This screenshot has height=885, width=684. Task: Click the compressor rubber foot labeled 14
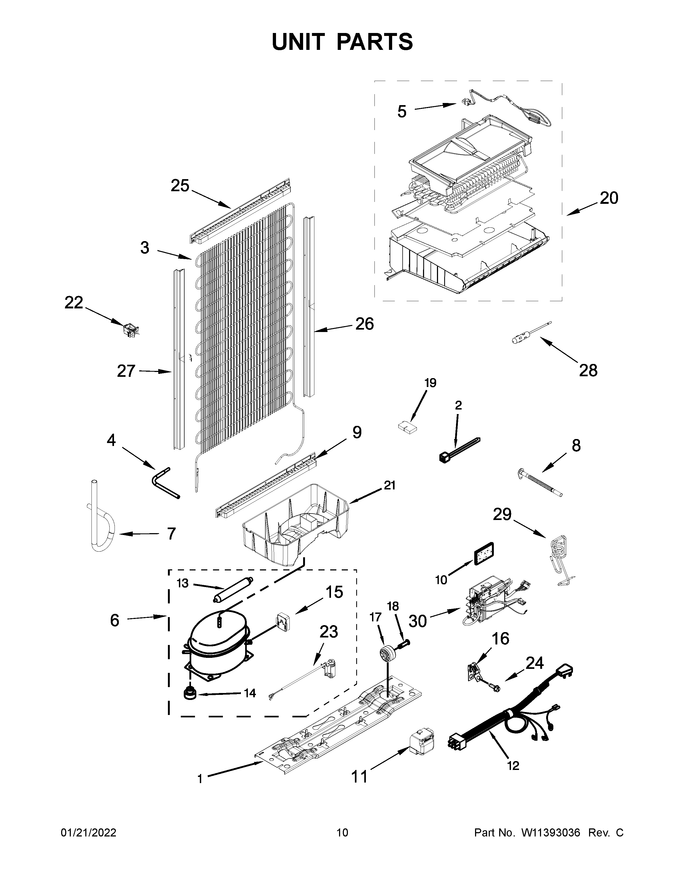pyautogui.click(x=189, y=693)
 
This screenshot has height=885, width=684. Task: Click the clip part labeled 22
pyautogui.click(x=130, y=329)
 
